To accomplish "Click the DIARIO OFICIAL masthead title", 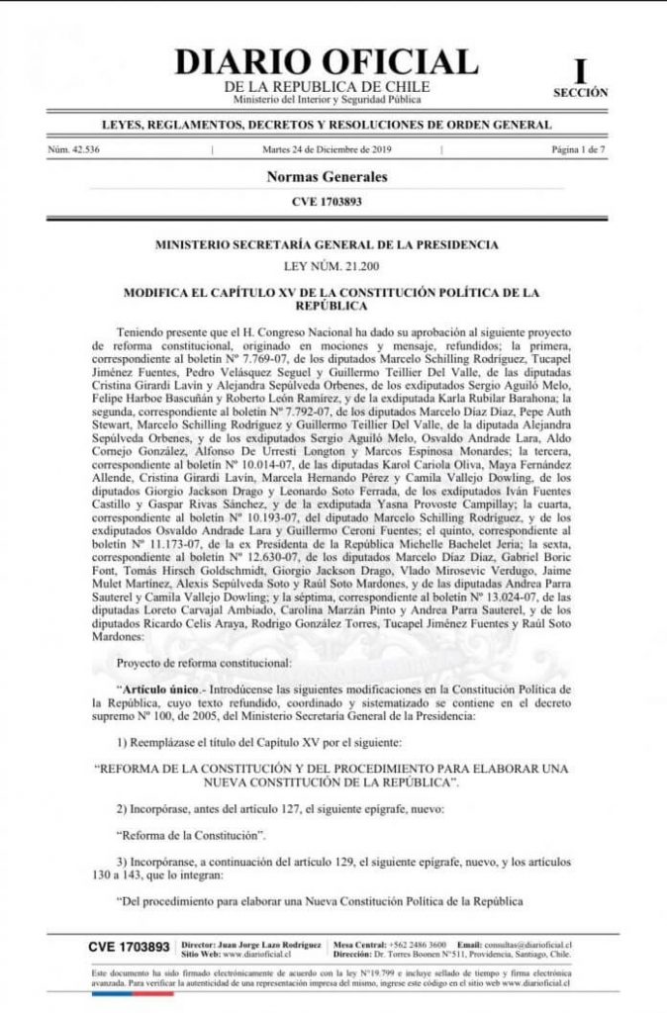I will [x=326, y=61].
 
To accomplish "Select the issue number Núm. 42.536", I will [x=73, y=150].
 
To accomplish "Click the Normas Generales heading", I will [x=327, y=177].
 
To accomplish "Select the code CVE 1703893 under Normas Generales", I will [x=327, y=203].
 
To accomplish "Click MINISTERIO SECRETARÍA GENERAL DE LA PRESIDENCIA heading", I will [x=327, y=243].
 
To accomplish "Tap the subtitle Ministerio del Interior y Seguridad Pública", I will [x=327, y=100].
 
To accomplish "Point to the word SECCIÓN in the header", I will [x=581, y=92].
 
